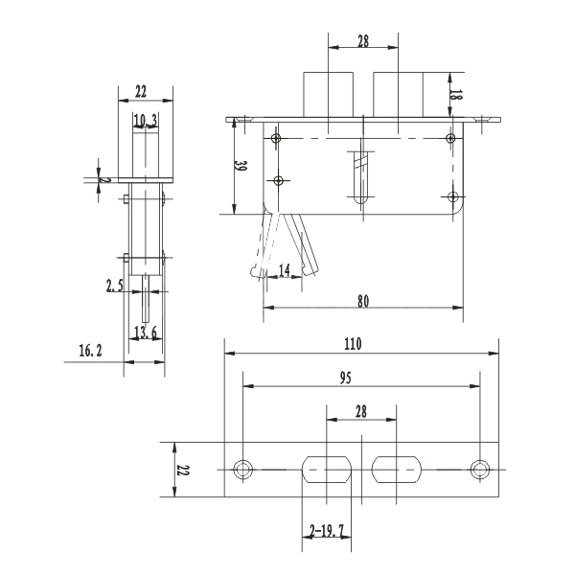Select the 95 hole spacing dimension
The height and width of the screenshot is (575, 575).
344,377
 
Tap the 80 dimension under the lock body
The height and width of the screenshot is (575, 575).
363,300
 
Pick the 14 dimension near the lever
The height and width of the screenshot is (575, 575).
285,271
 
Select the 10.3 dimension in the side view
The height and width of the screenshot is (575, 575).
146,120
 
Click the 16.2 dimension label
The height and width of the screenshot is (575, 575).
90,352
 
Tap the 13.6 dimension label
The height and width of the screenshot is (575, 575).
146,332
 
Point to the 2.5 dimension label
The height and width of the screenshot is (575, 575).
115,286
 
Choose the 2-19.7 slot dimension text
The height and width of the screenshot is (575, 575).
327,529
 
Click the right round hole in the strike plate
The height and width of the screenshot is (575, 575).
481,470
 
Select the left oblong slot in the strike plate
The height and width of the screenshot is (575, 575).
327,470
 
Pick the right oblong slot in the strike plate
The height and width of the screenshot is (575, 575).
397,470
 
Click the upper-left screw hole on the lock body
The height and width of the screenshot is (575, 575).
276,140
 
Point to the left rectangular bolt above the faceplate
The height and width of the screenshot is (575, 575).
326,94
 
